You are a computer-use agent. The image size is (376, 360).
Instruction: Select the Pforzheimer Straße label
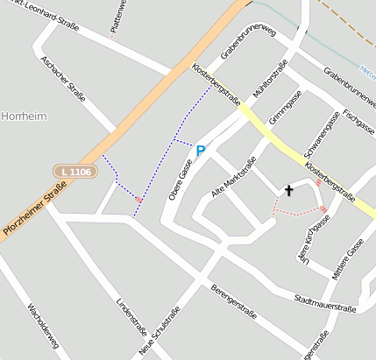[x=33, y=203]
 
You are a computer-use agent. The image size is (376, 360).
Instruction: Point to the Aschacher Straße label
[x=63, y=79]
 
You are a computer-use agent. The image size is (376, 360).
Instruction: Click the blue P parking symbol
[x=201, y=151]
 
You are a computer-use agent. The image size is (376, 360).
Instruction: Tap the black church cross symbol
[x=288, y=189]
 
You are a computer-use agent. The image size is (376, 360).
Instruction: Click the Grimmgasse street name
[x=286, y=109]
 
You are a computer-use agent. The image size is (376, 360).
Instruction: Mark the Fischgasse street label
[x=359, y=120]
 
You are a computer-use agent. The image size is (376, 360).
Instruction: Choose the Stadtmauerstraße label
[x=326, y=304]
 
